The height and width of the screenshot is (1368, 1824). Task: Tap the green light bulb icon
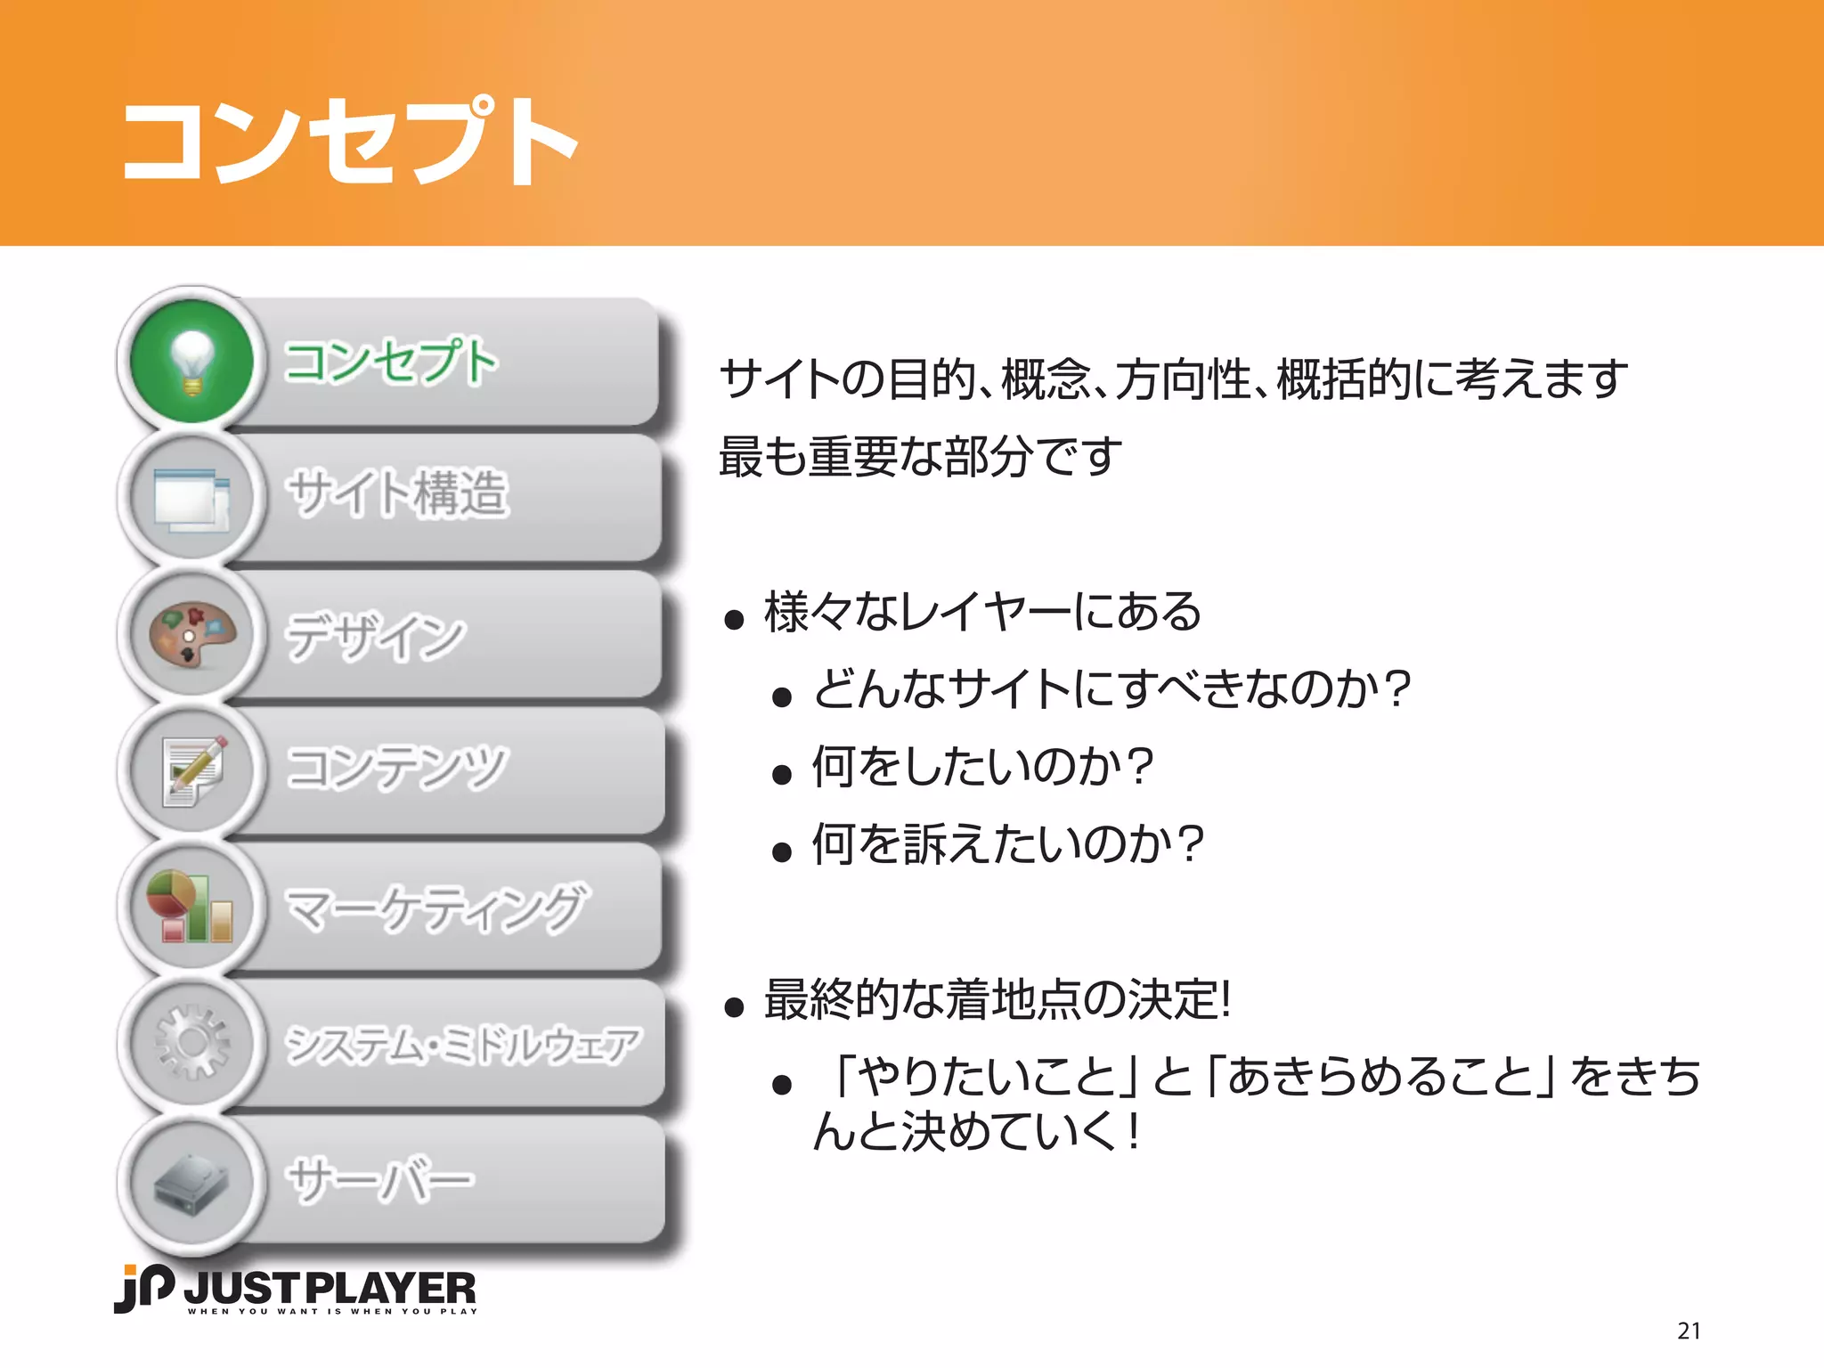click(191, 361)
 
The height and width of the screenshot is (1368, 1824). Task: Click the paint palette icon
click(191, 634)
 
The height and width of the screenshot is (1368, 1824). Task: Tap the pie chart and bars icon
click(191, 907)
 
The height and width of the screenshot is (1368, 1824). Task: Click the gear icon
click(191, 1043)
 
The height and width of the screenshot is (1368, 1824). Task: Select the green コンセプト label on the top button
click(390, 362)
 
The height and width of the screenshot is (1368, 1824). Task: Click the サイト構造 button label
click(397, 493)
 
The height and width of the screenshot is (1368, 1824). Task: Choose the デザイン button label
click(375, 636)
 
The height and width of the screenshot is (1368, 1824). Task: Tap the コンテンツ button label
click(397, 768)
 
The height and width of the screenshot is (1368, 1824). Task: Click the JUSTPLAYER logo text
click(330, 1289)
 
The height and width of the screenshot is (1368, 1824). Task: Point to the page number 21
click(1689, 1331)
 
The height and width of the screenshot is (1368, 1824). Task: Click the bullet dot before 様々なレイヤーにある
click(734, 620)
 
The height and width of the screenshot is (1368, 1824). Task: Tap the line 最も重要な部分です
click(920, 456)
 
